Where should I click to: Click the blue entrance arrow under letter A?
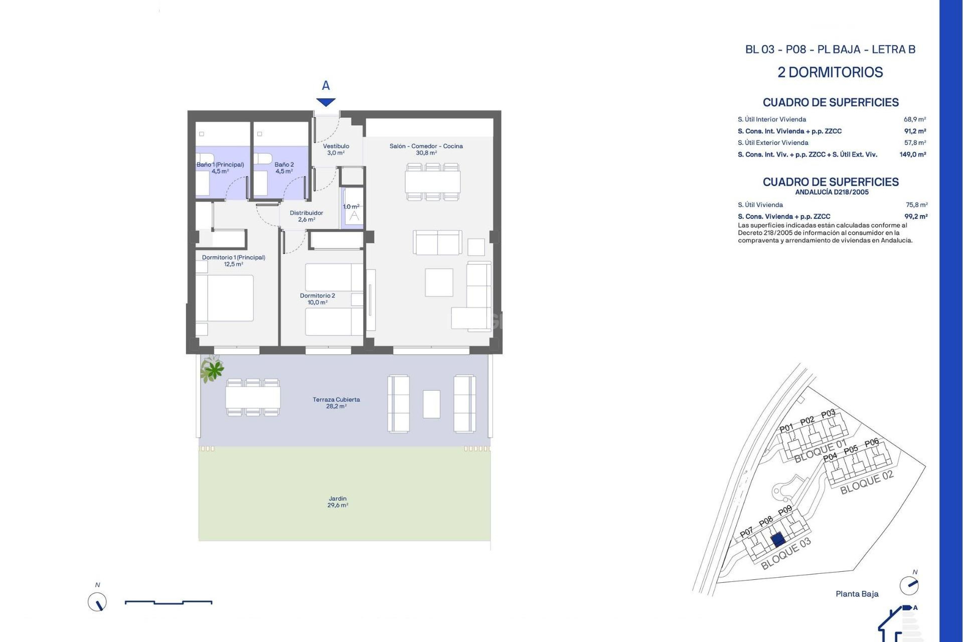pyautogui.click(x=326, y=102)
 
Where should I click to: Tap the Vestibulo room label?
pyautogui.click(x=336, y=149)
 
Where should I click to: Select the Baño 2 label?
pyautogui.click(x=284, y=168)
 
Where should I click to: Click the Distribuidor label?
pyautogui.click(x=306, y=216)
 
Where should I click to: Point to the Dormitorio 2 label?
pyautogui.click(x=317, y=299)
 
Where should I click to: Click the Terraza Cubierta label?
pyautogui.click(x=336, y=403)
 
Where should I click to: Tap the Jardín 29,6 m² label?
pyautogui.click(x=338, y=502)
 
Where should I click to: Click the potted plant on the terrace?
pyautogui.click(x=213, y=370)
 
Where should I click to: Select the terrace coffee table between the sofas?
pyautogui.click(x=431, y=404)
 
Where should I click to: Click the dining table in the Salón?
pyautogui.click(x=432, y=182)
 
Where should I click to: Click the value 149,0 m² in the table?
pyautogui.click(x=912, y=154)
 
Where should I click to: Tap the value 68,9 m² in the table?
pyautogui.click(x=914, y=119)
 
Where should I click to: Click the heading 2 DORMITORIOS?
pyautogui.click(x=830, y=72)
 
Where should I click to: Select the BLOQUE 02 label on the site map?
pyautogui.click(x=867, y=482)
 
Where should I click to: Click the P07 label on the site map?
pyautogui.click(x=746, y=532)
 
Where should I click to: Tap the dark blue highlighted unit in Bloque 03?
pyautogui.click(x=777, y=540)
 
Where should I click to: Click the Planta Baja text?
pyautogui.click(x=857, y=594)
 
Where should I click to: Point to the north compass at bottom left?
pyautogui.click(x=97, y=602)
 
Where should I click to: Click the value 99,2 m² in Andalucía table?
pyautogui.click(x=915, y=217)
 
